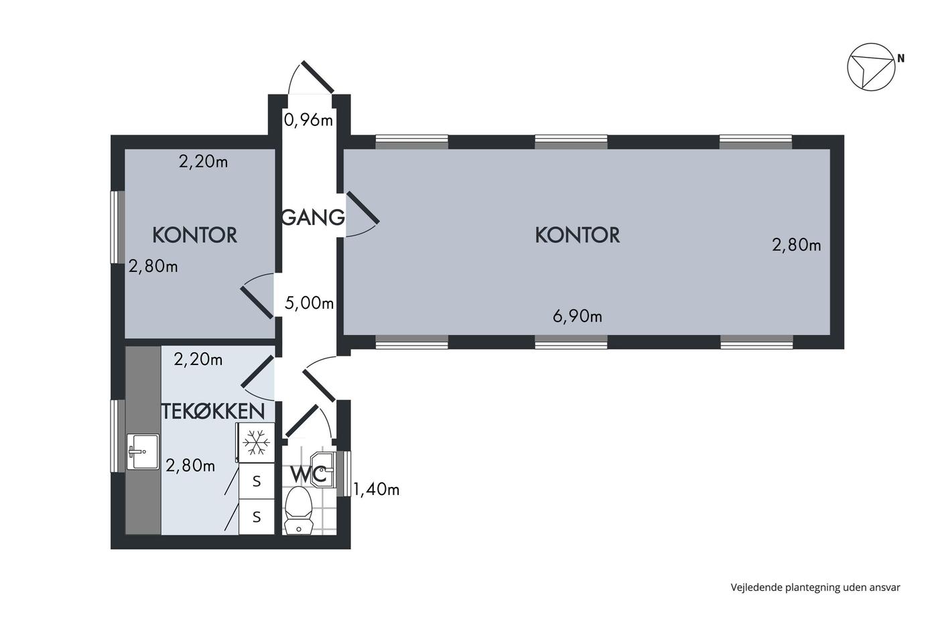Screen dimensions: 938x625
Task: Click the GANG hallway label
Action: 314,217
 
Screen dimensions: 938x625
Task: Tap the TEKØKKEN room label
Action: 213,411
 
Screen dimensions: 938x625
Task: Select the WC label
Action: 309,474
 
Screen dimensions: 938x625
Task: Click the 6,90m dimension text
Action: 578,316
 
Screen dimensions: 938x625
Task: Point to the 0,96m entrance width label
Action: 309,121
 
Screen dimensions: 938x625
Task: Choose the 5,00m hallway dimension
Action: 309,303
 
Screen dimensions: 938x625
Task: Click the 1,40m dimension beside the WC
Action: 376,489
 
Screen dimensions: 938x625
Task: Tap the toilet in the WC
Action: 299,510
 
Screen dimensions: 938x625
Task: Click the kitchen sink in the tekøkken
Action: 143,452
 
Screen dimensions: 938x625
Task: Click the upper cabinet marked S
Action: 257,481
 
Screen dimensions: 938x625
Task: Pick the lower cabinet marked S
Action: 257,517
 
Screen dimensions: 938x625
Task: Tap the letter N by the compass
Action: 900,59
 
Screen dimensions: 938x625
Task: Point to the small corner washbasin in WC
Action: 323,470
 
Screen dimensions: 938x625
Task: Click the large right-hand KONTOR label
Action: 578,235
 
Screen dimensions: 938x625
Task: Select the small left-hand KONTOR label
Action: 195,235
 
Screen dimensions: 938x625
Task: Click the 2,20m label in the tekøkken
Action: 198,360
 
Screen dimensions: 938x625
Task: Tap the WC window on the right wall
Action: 344,474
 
